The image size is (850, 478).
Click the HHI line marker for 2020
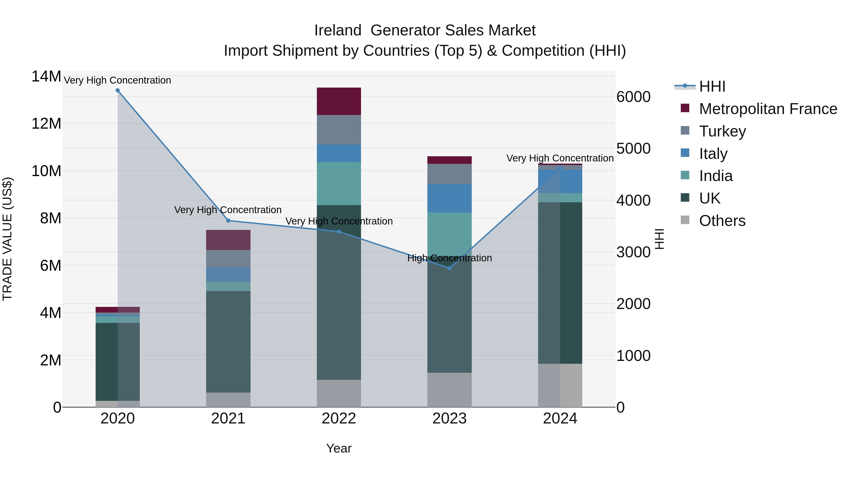click(x=118, y=90)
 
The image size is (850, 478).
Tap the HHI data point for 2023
click(x=449, y=268)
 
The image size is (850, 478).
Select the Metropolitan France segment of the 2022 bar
click(x=339, y=101)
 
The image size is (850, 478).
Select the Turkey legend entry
click(x=722, y=131)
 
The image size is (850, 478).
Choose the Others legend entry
click(x=722, y=221)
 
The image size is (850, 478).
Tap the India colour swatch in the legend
click(x=685, y=175)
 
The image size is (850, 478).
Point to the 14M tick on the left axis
click(x=46, y=76)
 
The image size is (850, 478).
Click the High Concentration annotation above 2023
click(x=449, y=258)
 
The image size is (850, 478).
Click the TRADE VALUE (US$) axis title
click(x=7, y=239)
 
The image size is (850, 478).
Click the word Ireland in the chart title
click(x=338, y=30)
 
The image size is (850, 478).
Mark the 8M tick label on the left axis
click(x=51, y=218)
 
